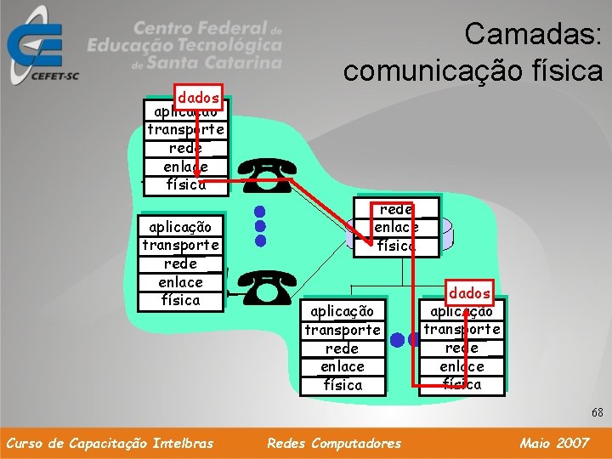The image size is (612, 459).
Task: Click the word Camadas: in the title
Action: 533,35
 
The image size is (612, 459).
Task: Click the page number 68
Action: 598,412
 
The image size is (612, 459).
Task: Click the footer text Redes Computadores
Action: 334,443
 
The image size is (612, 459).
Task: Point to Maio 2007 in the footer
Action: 554,443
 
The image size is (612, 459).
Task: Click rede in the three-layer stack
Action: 396,209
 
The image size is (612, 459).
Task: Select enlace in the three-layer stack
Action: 396,227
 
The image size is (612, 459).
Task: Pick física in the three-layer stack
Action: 396,246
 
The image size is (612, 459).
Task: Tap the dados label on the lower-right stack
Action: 470,292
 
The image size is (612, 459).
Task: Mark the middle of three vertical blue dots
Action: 261,225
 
